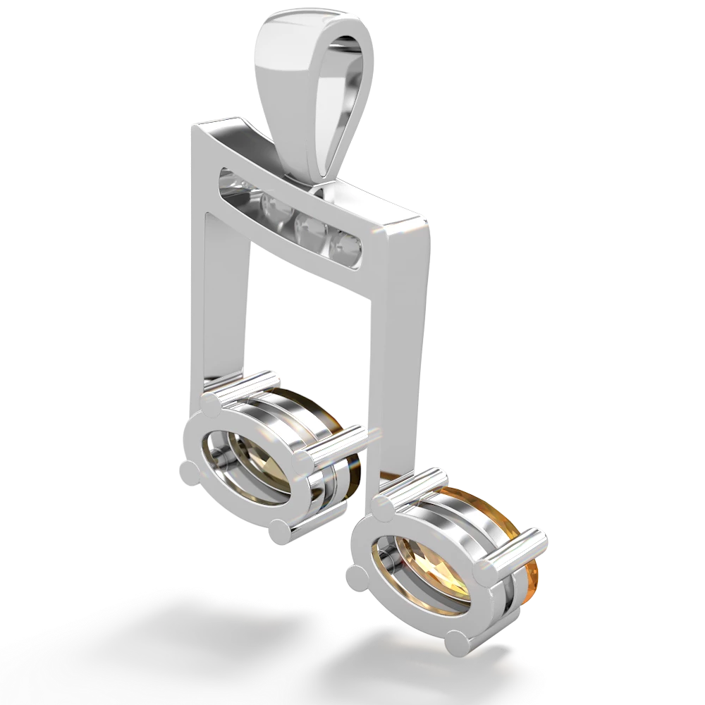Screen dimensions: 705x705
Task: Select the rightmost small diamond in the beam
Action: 348,245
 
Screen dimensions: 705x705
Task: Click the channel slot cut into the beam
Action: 289,211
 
